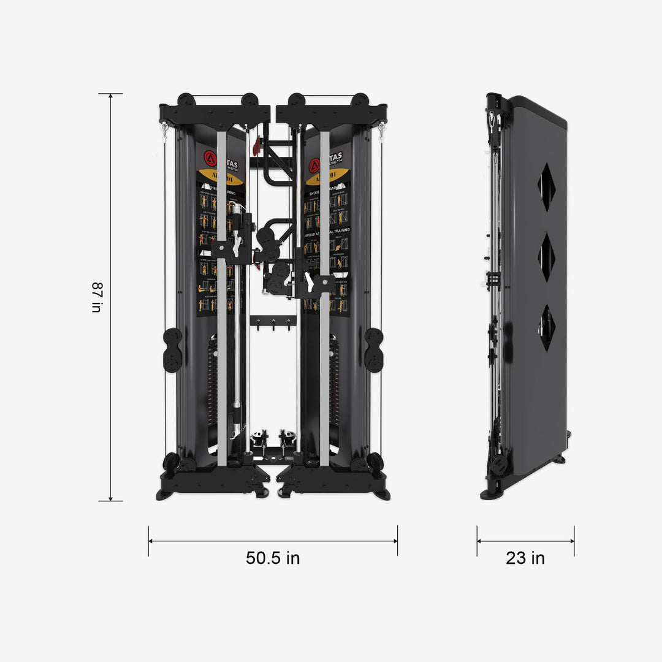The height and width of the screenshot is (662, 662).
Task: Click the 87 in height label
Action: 96,297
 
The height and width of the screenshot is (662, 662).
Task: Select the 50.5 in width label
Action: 273,558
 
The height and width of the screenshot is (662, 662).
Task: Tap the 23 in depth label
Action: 525,558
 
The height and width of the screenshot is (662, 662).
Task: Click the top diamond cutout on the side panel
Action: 546,187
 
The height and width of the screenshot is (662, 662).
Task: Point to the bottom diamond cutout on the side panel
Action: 546,327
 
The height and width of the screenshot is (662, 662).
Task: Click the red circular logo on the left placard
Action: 210,158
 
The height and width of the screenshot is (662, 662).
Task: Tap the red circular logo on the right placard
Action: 314,165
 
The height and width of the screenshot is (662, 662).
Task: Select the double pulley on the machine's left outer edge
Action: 173,350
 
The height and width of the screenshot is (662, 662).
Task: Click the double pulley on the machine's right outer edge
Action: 373,350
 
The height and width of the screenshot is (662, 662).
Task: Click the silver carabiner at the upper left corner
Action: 164,131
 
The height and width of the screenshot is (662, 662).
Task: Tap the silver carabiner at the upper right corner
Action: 382,131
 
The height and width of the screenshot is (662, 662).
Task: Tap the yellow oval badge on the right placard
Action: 326,178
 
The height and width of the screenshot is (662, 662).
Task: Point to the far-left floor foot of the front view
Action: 165,494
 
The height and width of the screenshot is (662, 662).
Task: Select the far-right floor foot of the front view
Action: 381,494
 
